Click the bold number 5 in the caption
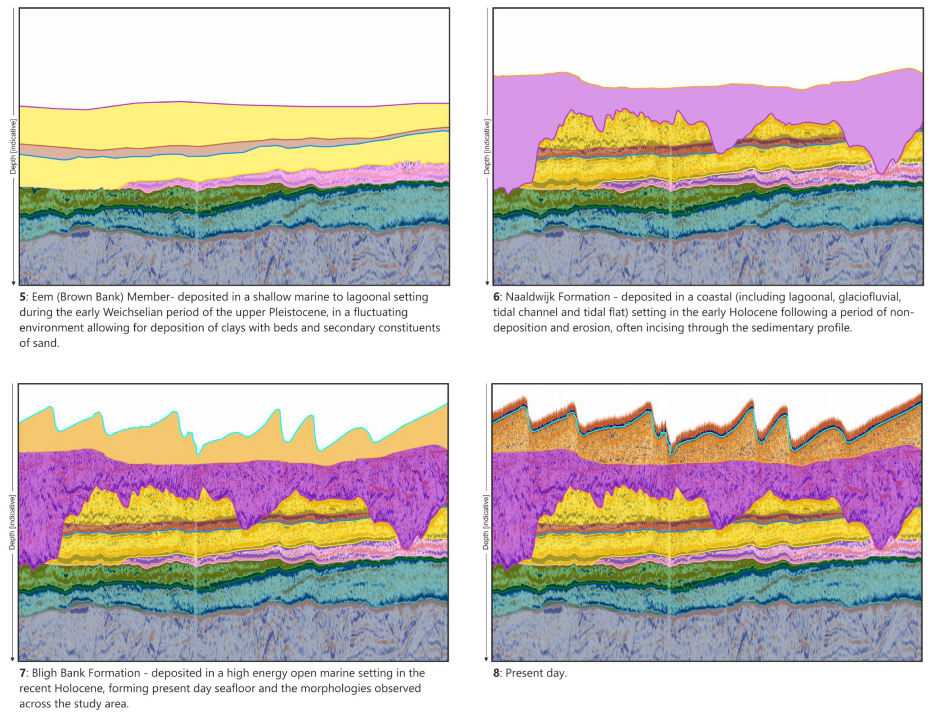22,297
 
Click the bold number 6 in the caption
496,297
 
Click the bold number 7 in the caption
22,673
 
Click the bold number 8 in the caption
496,673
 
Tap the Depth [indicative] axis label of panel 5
13,146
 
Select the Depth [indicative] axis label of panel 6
487,146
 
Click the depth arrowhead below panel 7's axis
12,659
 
